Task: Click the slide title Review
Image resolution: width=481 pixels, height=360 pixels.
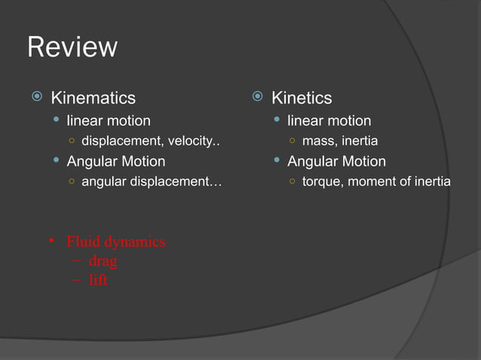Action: point(72,47)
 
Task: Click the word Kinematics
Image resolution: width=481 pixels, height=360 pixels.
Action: point(93,98)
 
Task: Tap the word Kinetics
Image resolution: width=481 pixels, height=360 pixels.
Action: point(301,98)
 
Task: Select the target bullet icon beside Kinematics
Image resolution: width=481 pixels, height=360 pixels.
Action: point(35,97)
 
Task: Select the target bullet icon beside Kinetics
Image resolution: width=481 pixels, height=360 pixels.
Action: point(256,97)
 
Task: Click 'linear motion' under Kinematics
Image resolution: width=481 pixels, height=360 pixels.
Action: point(109,121)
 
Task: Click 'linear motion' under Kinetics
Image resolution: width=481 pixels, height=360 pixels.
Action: point(329,121)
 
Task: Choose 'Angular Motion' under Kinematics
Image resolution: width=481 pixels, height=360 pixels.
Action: point(116,161)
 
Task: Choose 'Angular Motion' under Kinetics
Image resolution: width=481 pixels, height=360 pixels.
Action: point(336,161)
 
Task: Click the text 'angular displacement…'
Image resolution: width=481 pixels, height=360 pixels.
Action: point(151,182)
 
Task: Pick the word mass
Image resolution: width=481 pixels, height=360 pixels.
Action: point(317,141)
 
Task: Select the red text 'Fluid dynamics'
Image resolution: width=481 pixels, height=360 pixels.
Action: point(116,242)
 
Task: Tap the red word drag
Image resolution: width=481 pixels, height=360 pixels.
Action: point(103,261)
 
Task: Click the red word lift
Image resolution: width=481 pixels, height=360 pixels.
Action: point(98,280)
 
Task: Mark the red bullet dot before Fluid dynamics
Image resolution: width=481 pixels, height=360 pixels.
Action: point(51,242)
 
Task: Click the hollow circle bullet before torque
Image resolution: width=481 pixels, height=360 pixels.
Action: point(291,182)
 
